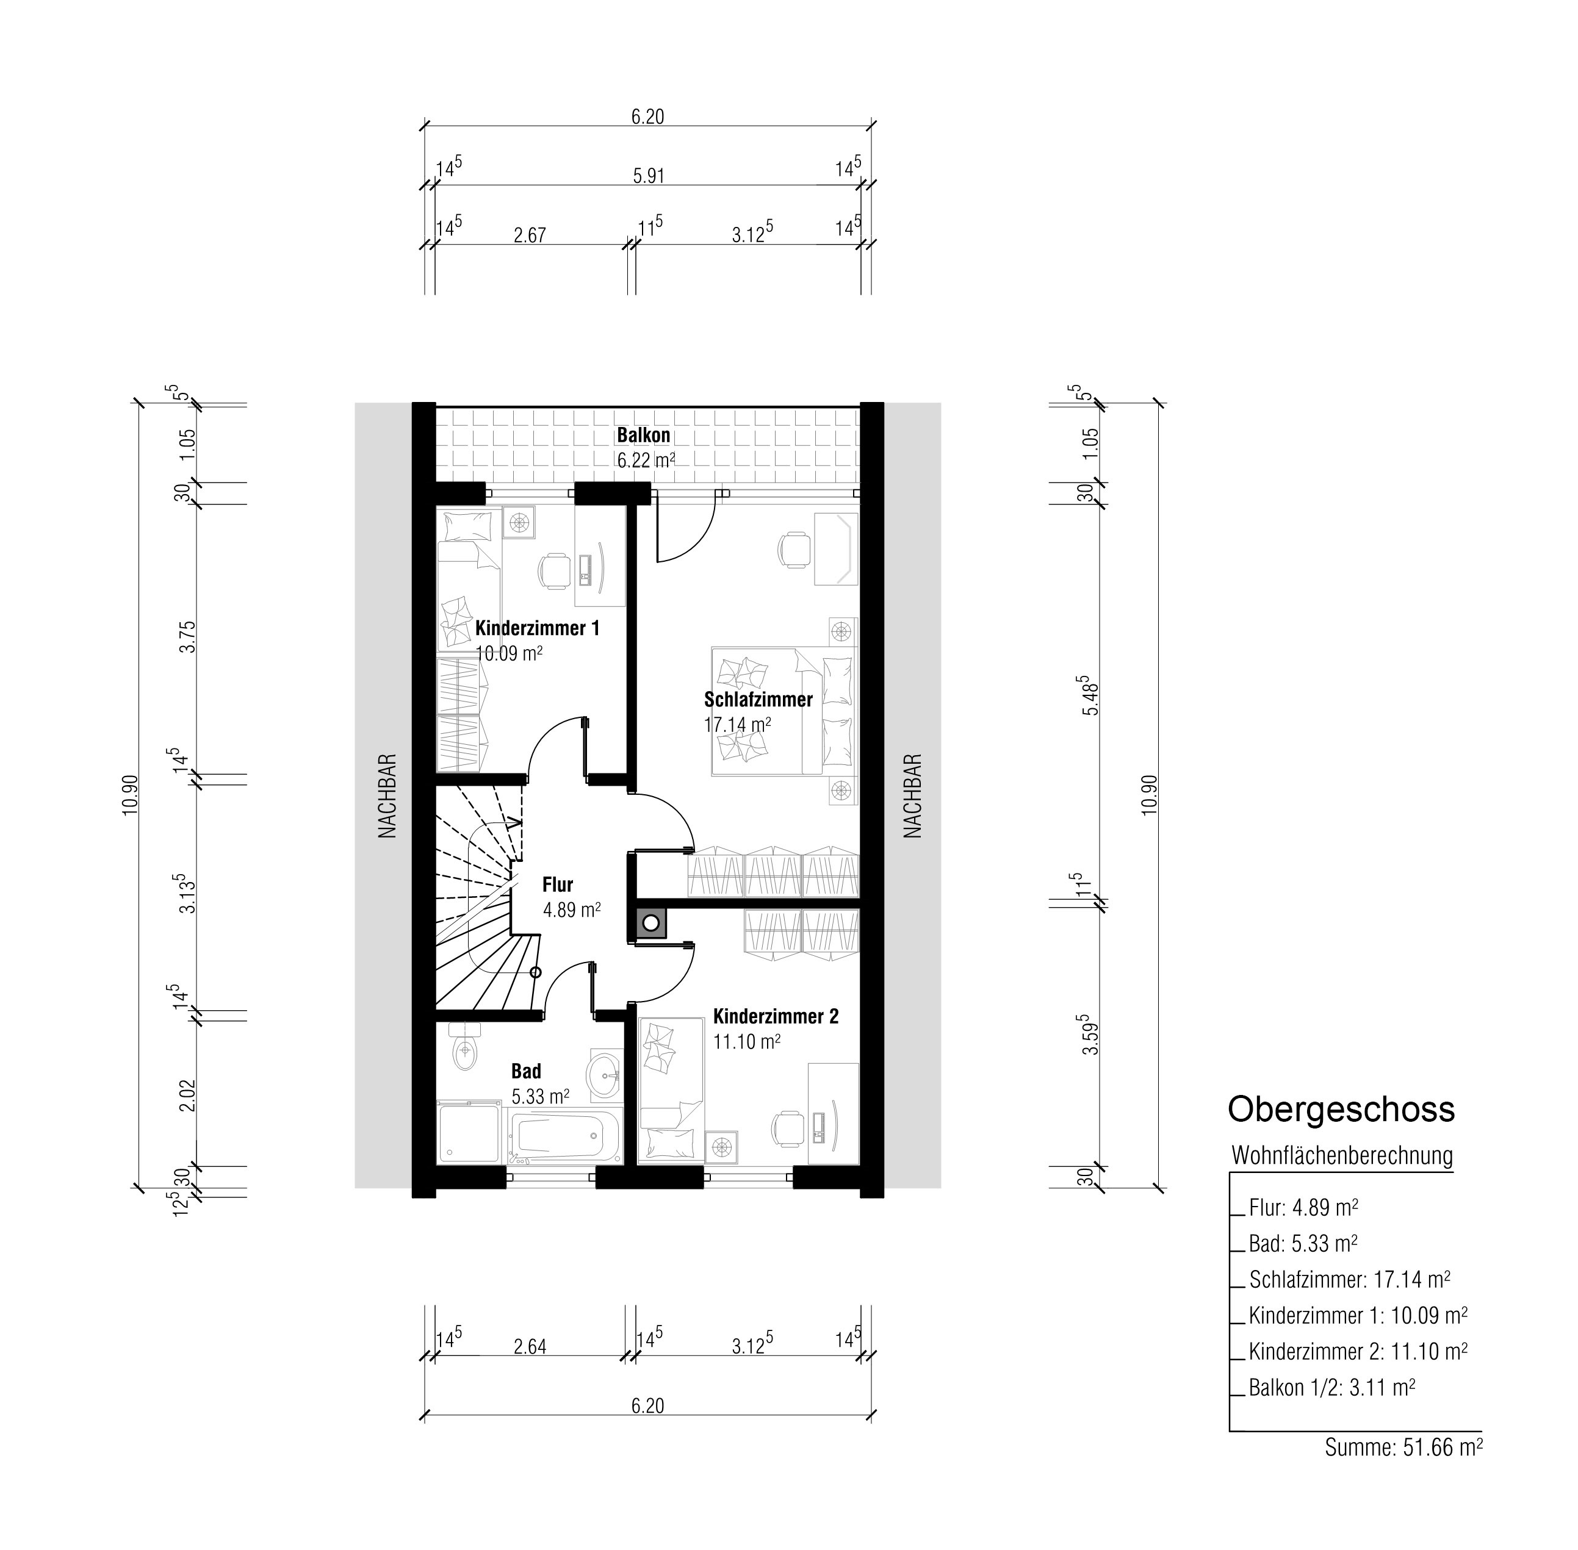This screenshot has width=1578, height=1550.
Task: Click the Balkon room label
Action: (x=643, y=435)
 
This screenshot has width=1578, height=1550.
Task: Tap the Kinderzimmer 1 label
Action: (x=538, y=628)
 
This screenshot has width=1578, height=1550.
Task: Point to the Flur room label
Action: (x=558, y=884)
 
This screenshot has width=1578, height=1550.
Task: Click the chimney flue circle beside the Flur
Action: (x=650, y=922)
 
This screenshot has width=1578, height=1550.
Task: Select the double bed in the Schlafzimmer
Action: (x=785, y=711)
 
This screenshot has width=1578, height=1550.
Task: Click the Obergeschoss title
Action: (x=1341, y=1109)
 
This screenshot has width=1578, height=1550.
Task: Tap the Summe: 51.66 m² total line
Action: (x=1403, y=1447)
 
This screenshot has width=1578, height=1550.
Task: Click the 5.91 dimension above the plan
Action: (x=648, y=176)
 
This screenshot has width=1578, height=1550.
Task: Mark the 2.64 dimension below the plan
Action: (x=530, y=1346)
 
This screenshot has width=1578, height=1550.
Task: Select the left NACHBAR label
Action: (x=387, y=795)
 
